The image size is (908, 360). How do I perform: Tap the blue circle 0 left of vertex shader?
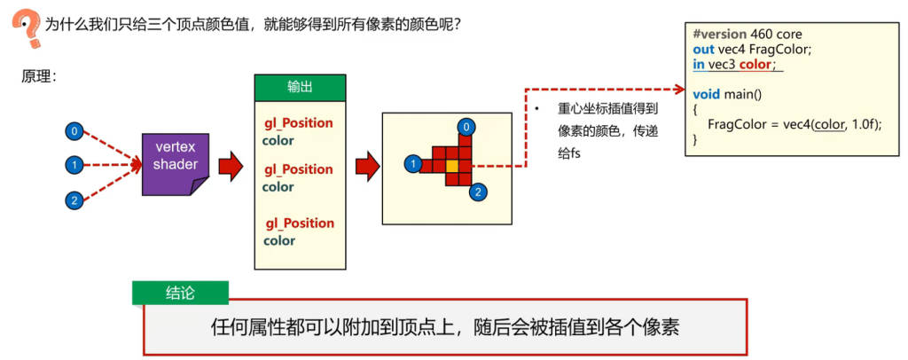[74, 132]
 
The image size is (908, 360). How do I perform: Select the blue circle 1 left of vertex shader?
[74, 166]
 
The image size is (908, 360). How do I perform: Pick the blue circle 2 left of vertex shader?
[74, 200]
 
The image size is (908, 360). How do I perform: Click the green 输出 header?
[300, 88]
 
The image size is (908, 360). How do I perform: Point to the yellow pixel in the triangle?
[451, 166]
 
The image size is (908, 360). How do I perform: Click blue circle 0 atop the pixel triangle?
[466, 127]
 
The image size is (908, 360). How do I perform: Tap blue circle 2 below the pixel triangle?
[478, 192]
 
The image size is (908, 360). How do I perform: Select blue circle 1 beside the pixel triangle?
[412, 165]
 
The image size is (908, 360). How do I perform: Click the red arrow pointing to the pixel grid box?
[367, 166]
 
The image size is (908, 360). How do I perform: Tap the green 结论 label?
[180, 293]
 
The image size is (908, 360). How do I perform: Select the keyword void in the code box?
[706, 94]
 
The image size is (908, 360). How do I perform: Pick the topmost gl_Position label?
[298, 122]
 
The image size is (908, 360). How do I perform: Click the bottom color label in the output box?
[279, 240]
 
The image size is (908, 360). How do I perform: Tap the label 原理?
[39, 76]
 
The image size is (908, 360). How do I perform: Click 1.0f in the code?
[865, 125]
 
